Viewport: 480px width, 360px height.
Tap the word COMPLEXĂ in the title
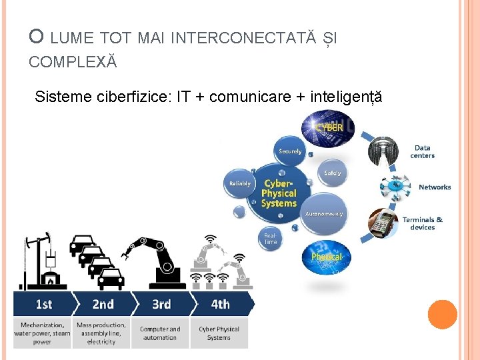click(x=73, y=62)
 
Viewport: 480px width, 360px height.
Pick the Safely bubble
click(x=332, y=173)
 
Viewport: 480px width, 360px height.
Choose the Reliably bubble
click(x=240, y=183)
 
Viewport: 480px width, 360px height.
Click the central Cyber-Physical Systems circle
click(x=279, y=193)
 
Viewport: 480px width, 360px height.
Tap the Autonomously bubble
click(x=324, y=213)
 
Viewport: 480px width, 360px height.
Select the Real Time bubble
click(x=271, y=238)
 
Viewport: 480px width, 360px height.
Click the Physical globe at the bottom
click(x=326, y=257)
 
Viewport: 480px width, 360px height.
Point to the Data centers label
click(x=422, y=152)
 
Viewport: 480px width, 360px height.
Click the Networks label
click(x=435, y=187)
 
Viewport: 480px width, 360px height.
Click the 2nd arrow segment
click(x=103, y=305)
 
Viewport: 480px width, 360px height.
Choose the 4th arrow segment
click(x=221, y=305)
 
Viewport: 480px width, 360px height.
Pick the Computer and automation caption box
click(x=160, y=333)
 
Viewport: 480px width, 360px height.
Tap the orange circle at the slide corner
click(x=442, y=315)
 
